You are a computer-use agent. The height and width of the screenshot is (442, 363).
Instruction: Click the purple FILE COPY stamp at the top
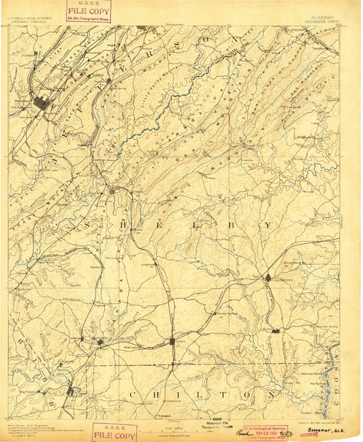click(x=89, y=12)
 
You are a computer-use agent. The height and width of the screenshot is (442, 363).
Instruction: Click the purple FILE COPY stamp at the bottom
click(x=114, y=432)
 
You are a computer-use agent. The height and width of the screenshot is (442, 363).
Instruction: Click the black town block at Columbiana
click(x=268, y=278)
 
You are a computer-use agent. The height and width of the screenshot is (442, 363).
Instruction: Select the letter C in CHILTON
click(x=130, y=394)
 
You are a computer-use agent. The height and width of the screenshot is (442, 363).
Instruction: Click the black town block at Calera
click(x=172, y=341)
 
